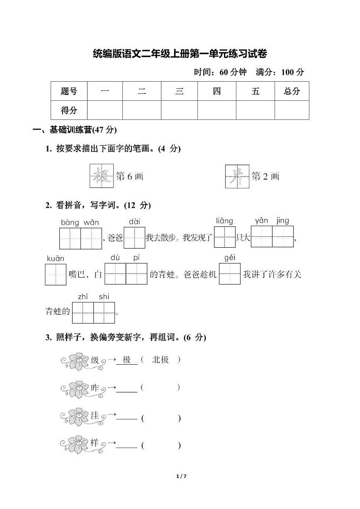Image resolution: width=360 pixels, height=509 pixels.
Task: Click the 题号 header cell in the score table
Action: [x=68, y=91]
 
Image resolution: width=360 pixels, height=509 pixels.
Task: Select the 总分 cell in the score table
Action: [x=292, y=91]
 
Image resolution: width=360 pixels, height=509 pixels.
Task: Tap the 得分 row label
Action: [x=68, y=110]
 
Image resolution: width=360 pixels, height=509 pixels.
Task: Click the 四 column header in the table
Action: [x=217, y=91]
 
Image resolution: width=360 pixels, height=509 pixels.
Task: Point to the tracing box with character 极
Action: [x=101, y=176]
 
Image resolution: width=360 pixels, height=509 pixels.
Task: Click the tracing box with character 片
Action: [x=237, y=176]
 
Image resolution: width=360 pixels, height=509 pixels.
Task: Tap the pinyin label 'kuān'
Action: [x=55, y=259]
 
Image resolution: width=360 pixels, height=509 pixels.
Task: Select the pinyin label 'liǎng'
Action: [x=224, y=221]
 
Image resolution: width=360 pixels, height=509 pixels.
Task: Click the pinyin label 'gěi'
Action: [x=230, y=258]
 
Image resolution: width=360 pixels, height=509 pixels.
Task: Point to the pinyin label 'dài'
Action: [x=134, y=222]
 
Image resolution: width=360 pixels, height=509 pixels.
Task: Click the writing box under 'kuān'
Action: [x=56, y=274]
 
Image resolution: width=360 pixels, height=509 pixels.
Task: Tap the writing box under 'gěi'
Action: [x=230, y=274]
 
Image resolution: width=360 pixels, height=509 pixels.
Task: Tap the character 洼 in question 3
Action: [x=95, y=416]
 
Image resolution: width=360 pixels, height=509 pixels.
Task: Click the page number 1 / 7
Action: [x=180, y=476]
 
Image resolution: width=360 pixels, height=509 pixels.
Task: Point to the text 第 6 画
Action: [x=130, y=176]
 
